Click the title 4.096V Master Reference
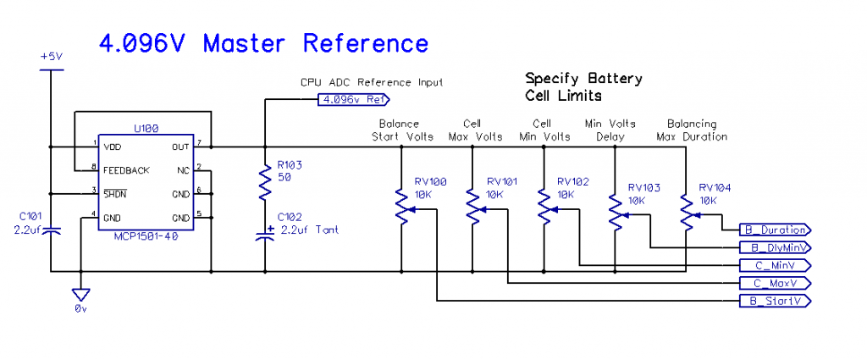(263, 43)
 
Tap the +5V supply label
(52, 56)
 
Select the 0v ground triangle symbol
(80, 295)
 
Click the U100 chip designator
(146, 128)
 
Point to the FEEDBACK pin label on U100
(126, 170)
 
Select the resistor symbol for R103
(265, 180)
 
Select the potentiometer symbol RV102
(544, 208)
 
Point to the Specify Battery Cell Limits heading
(583, 86)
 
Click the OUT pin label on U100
(181, 147)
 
